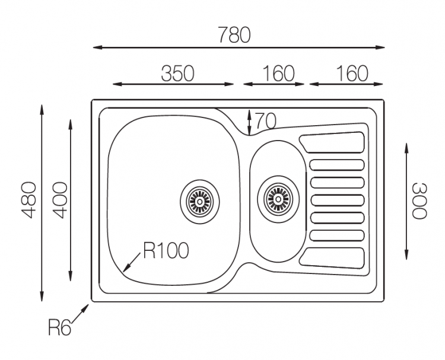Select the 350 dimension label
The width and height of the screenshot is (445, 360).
pyautogui.click(x=177, y=74)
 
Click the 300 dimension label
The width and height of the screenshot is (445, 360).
pyautogui.click(x=418, y=200)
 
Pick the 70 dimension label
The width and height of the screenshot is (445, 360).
pyautogui.click(x=266, y=121)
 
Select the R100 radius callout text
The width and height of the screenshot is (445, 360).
pyautogui.click(x=166, y=251)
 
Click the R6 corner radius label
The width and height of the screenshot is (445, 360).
pyautogui.click(x=60, y=327)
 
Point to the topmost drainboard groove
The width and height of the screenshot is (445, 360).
pyautogui.click(x=332, y=143)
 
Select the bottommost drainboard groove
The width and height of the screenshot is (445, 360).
pyautogui.click(x=332, y=257)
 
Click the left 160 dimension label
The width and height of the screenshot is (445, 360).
pyautogui.click(x=278, y=74)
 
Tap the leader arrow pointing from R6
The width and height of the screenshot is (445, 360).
pyautogui.click(x=80, y=314)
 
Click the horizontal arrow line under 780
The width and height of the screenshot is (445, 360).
pyautogui.click(x=238, y=47)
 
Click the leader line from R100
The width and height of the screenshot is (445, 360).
pyautogui.click(x=132, y=261)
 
